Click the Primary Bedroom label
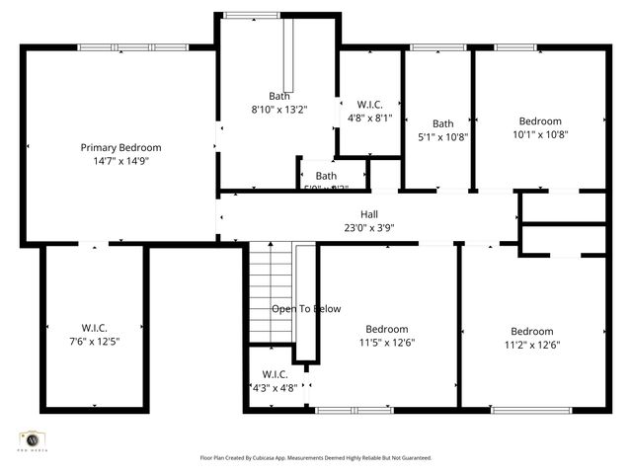click(120, 147)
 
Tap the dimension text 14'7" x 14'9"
click(120, 160)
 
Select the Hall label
click(368, 214)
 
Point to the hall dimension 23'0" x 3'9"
click(368, 227)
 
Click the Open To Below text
click(306, 309)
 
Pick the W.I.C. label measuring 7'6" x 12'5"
click(95, 328)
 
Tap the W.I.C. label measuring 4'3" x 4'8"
click(275, 374)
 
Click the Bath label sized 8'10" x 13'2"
click(279, 96)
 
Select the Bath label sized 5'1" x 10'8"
click(441, 123)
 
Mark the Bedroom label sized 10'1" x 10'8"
click(540, 121)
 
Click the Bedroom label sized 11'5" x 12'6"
click(386, 329)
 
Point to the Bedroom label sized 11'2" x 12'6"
click(531, 331)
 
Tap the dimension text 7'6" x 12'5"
click(95, 341)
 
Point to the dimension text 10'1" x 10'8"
click(540, 134)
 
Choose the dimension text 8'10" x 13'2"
click(279, 109)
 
